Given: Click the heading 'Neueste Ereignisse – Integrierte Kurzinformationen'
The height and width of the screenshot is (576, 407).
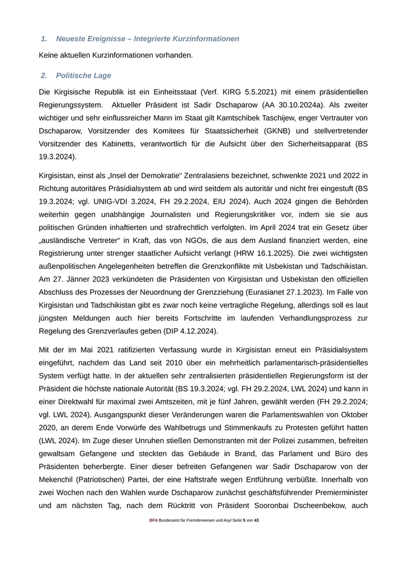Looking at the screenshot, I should (x=148, y=39).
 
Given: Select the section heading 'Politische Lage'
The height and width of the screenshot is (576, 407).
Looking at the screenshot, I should (x=83, y=76).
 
